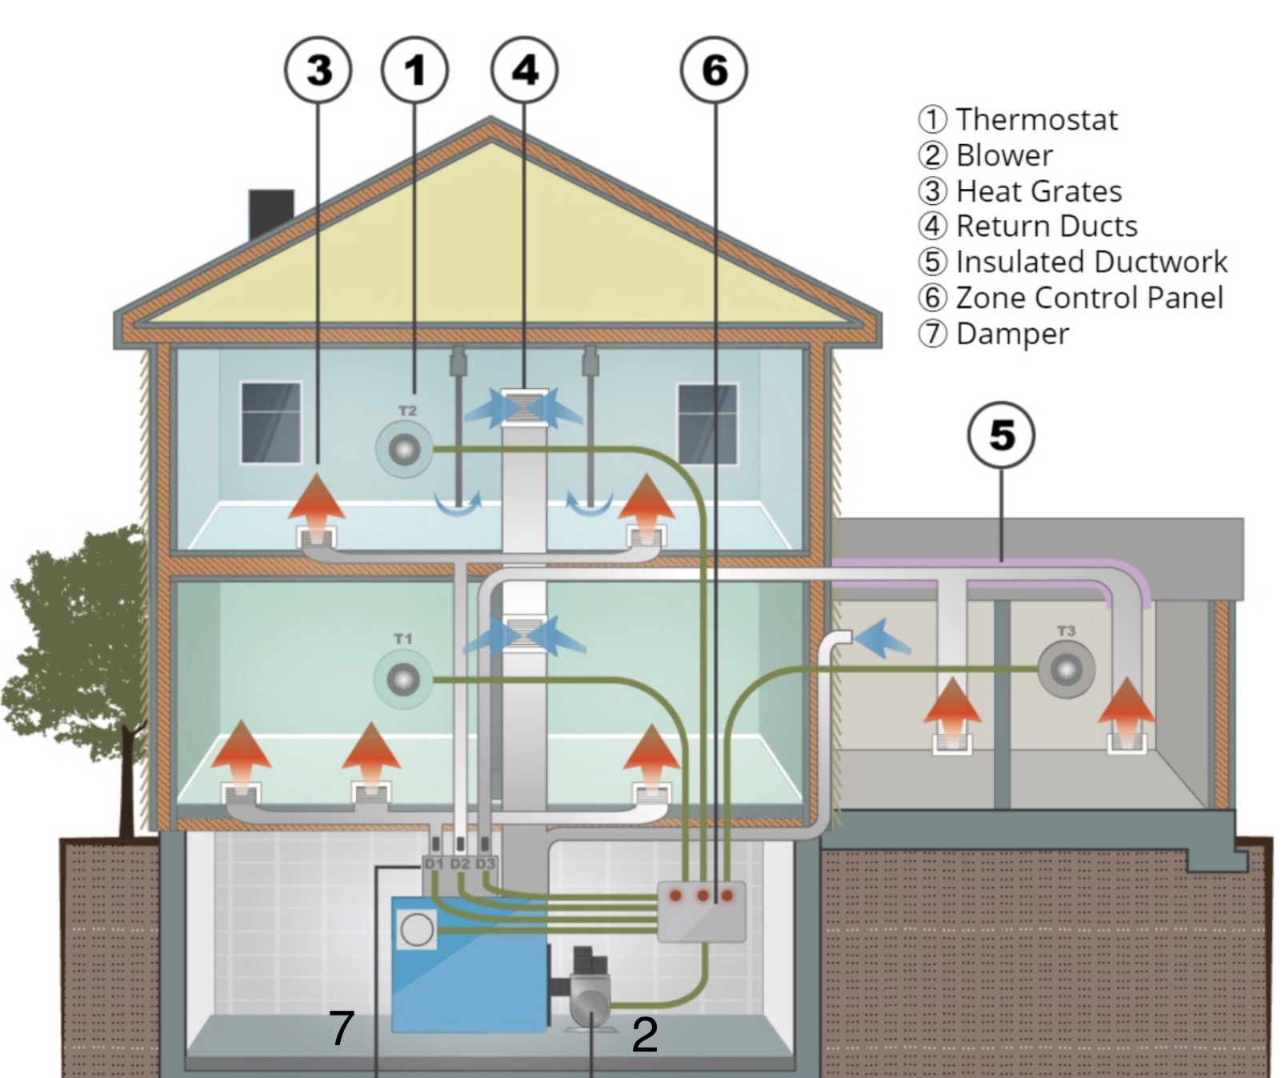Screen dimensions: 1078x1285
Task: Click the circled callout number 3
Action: click(x=318, y=70)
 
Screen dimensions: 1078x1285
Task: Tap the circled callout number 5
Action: click(x=1001, y=435)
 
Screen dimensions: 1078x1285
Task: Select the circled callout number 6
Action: click(x=714, y=70)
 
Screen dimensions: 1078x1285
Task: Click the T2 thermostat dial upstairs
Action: click(x=404, y=451)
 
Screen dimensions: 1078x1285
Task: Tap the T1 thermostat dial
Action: click(x=402, y=680)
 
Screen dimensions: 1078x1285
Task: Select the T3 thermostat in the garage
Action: click(x=1066, y=669)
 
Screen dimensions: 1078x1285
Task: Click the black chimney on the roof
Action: click(x=271, y=213)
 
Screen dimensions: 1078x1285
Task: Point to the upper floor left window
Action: click(x=271, y=422)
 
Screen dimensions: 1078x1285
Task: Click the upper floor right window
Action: click(x=707, y=423)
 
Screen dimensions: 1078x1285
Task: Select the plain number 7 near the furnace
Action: click(x=342, y=1028)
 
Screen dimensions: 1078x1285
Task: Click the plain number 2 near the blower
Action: click(x=644, y=1035)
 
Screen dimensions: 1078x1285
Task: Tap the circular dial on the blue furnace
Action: click(x=417, y=930)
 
